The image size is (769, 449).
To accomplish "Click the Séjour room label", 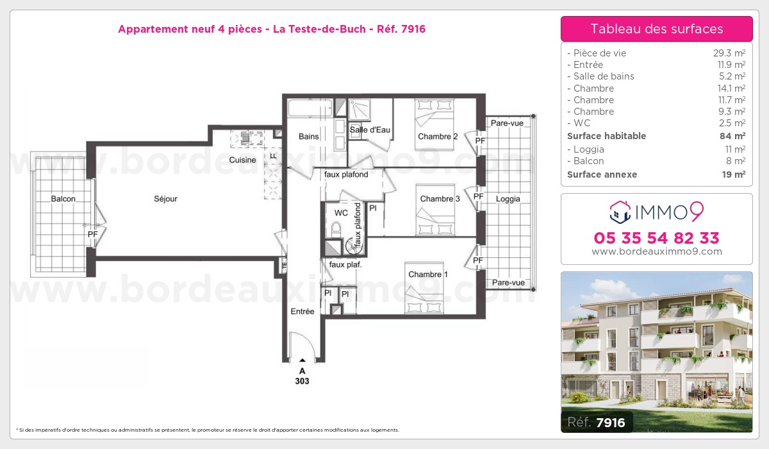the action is coord(165,199).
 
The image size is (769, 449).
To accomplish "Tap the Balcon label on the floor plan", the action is coord(63,199).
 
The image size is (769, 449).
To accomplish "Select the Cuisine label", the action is coord(242,160).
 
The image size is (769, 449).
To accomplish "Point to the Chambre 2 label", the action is coord(438,137).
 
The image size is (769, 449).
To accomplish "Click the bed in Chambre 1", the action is coord(424,288).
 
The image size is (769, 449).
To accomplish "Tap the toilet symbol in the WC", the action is coord(336,230).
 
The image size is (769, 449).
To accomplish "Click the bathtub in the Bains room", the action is coord(310,108).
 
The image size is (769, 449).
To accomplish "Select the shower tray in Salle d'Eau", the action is coord(360,109).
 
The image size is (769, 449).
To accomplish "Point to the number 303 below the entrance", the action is coord(302,381).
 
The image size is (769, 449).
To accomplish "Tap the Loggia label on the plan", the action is coord(508,199).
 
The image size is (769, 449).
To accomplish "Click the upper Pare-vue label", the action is coord(507,123).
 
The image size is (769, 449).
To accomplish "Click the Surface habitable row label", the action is coord(607,136).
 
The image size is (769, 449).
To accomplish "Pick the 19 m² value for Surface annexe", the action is coord(734,174).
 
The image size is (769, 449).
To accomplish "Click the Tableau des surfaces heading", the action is coord(657,29).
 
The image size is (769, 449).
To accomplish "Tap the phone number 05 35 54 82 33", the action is coord(656,238).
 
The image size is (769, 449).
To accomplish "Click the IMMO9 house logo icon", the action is coord(620,212).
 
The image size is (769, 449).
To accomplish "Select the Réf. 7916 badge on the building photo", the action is coord(597,422).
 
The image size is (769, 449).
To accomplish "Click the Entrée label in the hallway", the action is coord(302,311).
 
